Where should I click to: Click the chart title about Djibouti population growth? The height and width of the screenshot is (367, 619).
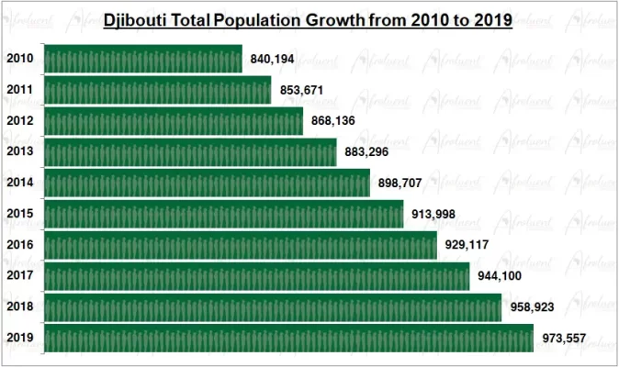(308, 19)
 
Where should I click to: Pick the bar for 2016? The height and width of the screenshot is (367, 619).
(240, 245)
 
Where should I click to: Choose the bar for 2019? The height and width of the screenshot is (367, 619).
(288, 339)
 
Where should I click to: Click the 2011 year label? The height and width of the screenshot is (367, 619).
(20, 90)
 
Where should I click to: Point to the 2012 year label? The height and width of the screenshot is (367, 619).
(20, 121)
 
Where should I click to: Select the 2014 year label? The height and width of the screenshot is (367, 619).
(20, 183)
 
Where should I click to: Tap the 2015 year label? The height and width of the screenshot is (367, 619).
(20, 214)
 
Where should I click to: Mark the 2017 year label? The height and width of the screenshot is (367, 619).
(20, 276)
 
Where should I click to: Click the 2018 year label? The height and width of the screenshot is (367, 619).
(20, 307)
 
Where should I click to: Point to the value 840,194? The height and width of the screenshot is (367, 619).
(272, 60)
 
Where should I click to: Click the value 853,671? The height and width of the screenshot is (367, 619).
(302, 90)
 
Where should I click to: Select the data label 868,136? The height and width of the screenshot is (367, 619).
(333, 121)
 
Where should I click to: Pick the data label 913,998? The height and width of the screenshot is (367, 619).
(433, 215)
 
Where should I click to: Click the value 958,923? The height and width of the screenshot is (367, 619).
(532, 307)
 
